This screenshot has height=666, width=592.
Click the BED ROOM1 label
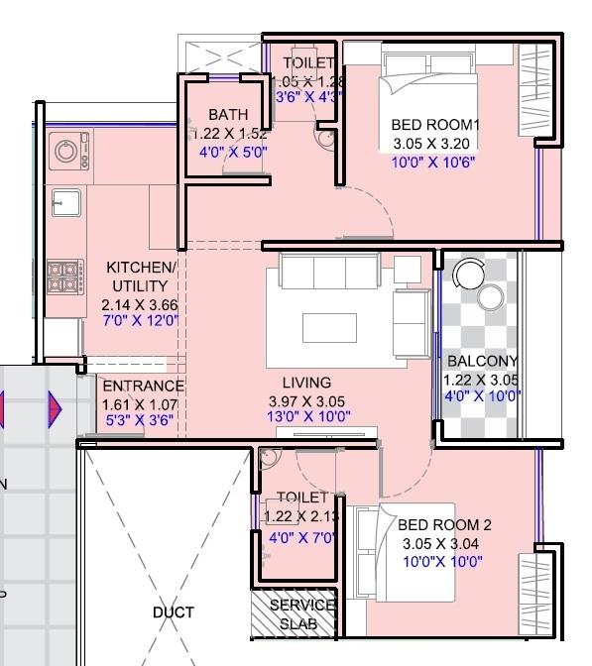(x=434, y=125)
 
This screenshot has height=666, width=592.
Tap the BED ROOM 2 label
(x=444, y=525)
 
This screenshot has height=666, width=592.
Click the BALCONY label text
(x=482, y=361)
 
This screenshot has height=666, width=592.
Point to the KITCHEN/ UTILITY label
(x=142, y=277)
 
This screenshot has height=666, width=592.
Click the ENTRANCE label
(x=143, y=387)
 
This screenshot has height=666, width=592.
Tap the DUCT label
(x=173, y=612)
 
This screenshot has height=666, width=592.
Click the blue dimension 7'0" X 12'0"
(x=142, y=320)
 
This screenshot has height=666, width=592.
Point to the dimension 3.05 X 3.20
(x=433, y=143)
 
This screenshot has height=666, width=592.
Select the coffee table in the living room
(x=329, y=326)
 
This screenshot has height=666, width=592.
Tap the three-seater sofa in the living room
(x=328, y=270)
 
